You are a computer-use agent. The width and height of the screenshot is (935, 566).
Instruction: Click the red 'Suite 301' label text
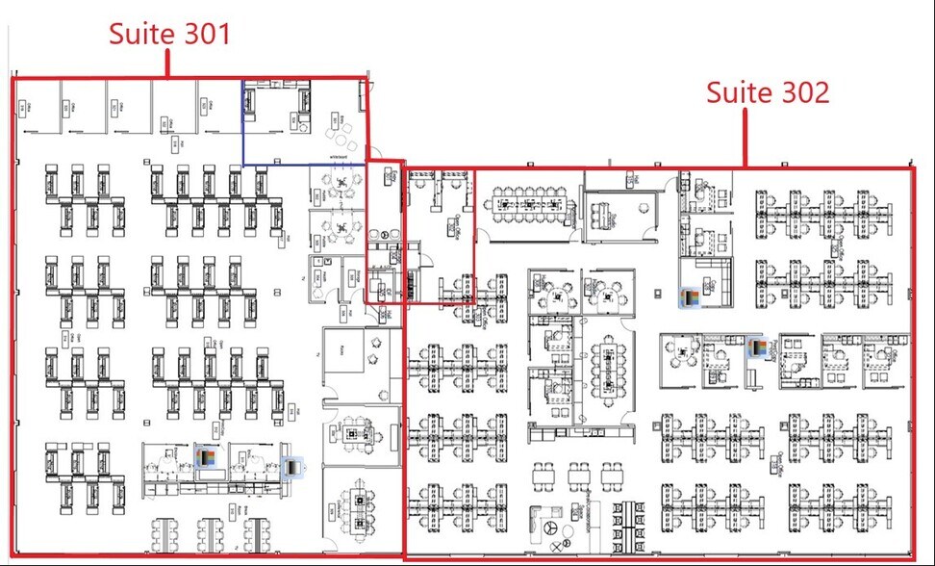click(x=169, y=34)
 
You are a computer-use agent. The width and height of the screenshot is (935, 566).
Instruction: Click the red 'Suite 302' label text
click(x=768, y=92)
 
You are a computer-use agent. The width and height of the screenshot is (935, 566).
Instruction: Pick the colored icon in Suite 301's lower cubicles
click(x=206, y=458)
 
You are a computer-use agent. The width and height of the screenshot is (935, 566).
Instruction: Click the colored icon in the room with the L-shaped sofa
click(x=689, y=297)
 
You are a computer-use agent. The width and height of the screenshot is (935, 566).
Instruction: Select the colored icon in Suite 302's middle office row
click(x=759, y=347)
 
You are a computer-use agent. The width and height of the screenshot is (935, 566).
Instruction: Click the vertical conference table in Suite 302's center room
click(x=606, y=366)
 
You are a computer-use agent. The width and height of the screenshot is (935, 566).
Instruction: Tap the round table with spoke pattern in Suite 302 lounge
click(x=551, y=528)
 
